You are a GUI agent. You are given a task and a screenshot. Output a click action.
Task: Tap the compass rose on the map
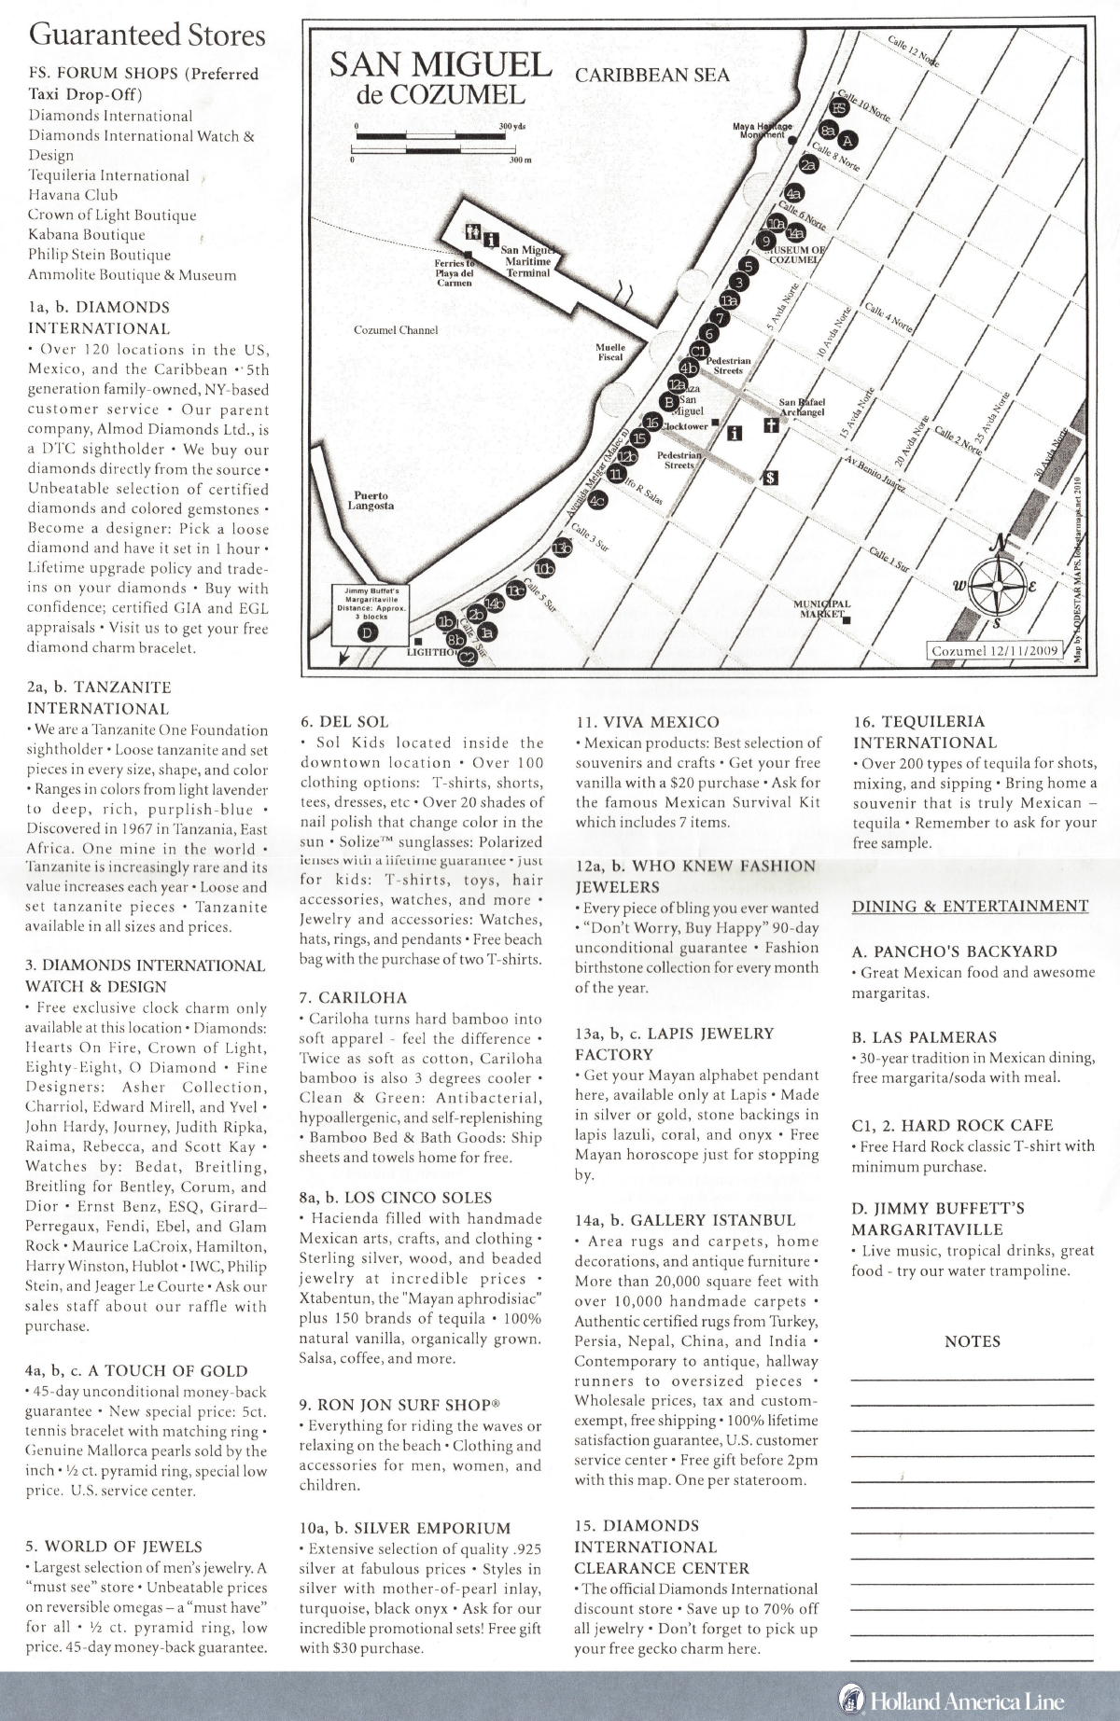click(x=1002, y=584)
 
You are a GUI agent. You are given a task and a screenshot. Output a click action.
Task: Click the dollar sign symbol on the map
click(x=771, y=478)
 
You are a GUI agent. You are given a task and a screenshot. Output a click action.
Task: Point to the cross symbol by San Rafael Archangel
click(x=771, y=426)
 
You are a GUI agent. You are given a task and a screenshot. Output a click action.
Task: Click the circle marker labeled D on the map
click(x=371, y=631)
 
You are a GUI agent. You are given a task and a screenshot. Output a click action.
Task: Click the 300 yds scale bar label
click(x=511, y=126)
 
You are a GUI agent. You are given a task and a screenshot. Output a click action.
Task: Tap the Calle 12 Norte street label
click(x=914, y=49)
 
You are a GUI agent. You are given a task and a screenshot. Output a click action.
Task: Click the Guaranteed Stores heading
click(x=147, y=35)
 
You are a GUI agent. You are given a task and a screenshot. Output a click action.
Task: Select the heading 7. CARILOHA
click(x=353, y=997)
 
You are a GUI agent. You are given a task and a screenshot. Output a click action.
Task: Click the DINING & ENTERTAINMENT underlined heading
click(x=971, y=906)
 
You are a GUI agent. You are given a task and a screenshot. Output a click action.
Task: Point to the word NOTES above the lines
click(x=972, y=1341)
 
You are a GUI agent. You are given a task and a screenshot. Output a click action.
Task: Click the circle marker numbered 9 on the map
click(x=765, y=241)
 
